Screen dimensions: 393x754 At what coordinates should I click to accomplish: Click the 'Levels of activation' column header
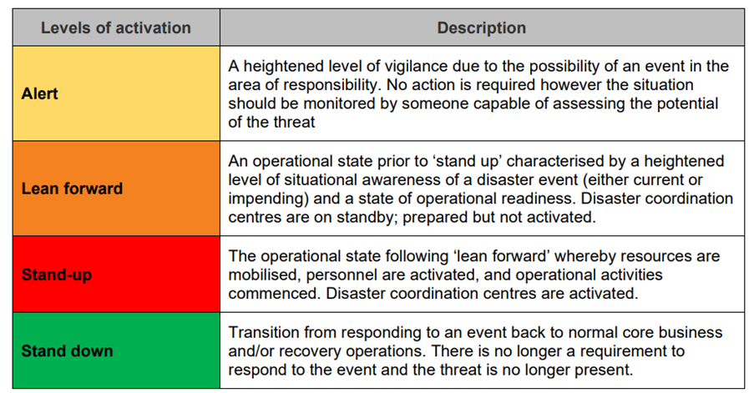click(116, 28)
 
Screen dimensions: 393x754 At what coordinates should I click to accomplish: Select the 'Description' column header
click(482, 28)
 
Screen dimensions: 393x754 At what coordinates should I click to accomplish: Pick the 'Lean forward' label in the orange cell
click(72, 188)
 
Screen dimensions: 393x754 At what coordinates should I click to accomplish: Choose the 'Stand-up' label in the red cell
click(57, 274)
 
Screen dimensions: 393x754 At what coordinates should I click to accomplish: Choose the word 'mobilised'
click(262, 275)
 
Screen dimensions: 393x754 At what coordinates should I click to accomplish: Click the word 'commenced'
click(271, 293)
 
